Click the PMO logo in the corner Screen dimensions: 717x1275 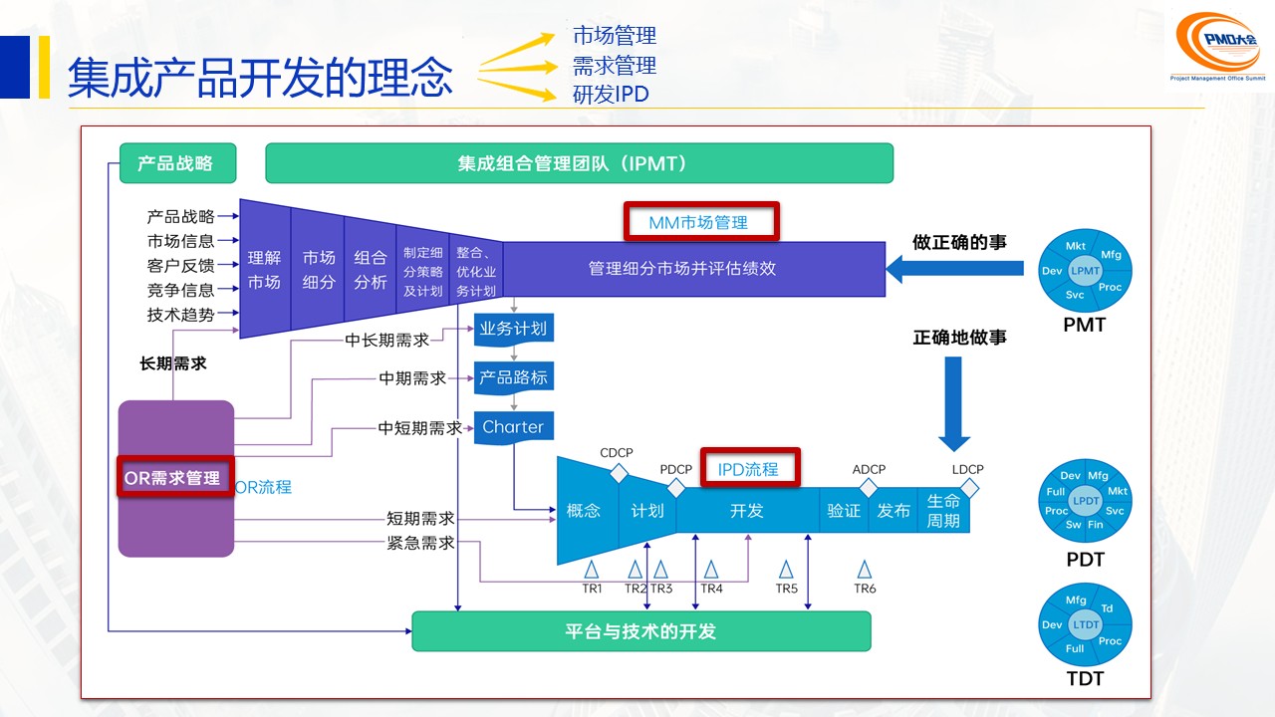coord(1217,48)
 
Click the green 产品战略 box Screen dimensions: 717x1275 coord(178,163)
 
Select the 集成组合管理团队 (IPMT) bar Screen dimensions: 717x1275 coord(579,163)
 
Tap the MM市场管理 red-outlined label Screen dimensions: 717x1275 coord(701,221)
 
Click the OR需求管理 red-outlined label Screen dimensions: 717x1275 coord(174,478)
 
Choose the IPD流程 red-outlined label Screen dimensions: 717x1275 coord(750,467)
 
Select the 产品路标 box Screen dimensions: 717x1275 coord(513,377)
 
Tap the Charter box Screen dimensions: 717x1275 coord(513,427)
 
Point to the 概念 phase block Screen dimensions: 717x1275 coord(584,511)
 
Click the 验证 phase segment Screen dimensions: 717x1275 coord(844,511)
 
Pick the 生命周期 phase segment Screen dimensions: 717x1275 coord(943,511)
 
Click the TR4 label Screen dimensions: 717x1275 coord(711,589)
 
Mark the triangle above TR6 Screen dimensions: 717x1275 coord(865,569)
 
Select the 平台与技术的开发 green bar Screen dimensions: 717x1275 coord(640,631)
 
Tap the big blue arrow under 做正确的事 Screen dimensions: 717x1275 coord(954,268)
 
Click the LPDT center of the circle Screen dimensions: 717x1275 coord(1086,499)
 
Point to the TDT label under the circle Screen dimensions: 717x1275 coord(1085,678)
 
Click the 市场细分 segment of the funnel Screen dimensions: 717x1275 coord(319,269)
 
